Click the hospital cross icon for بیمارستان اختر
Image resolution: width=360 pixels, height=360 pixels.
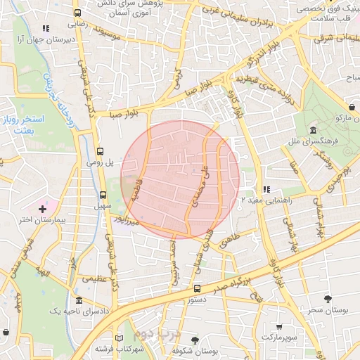point(43,209)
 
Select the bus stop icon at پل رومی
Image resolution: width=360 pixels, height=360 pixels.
point(100,150)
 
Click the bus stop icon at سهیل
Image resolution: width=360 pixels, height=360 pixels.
point(103,195)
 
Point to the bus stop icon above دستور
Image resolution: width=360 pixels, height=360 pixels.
point(197,288)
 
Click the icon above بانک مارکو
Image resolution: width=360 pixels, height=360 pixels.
point(351,107)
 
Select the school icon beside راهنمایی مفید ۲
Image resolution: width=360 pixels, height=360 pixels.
point(266,189)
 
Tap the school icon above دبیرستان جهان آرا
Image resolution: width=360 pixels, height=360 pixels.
point(46,29)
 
